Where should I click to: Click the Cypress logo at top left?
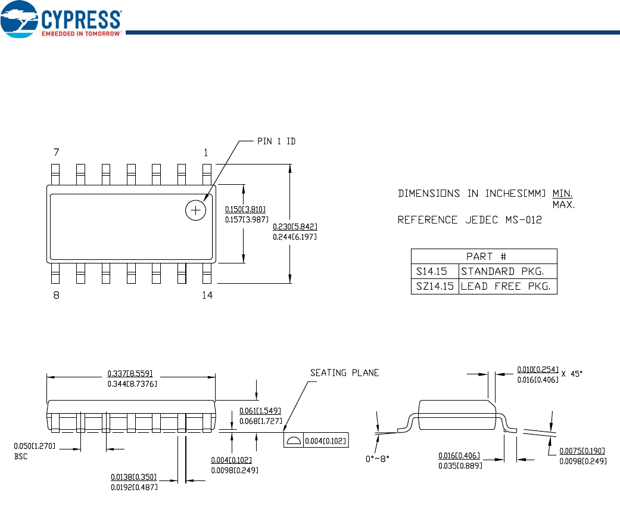61,20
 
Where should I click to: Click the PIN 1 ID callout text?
276,141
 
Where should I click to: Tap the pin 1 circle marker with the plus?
196,210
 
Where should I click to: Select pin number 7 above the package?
56,152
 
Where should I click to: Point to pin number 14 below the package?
207,295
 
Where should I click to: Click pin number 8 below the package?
56,295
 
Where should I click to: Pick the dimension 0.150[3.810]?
245,209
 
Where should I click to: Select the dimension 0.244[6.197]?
295,237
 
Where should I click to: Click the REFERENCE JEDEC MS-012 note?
470,220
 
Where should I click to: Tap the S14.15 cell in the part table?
431,271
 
